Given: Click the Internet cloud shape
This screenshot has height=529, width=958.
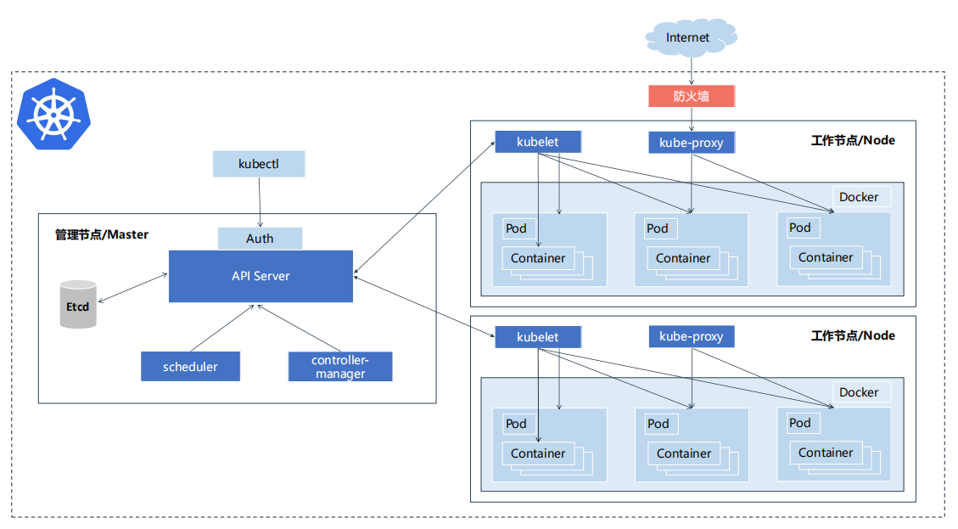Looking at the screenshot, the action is pos(691,37).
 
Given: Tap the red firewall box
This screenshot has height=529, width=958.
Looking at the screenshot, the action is pos(692,96).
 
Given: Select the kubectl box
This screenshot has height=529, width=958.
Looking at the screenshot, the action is pos(259,164).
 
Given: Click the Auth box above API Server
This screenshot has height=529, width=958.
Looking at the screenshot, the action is pos(260,239).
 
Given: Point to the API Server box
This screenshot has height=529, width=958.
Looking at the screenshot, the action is pos(261,276).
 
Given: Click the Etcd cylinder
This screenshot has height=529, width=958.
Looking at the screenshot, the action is pos(78,304).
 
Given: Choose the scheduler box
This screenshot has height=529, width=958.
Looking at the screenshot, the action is pos(190,366).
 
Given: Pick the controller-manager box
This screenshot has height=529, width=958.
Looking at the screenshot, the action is pos(340,366).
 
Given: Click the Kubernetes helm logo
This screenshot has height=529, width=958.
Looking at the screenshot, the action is pos(53,114).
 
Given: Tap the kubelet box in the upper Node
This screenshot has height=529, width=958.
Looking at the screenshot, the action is pos(538,142).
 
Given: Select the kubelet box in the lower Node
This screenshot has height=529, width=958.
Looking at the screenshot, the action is pos(538,337).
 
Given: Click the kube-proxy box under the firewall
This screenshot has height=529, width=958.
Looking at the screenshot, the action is pos(692,143).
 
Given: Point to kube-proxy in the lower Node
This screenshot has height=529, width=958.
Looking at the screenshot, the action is pos(692,336).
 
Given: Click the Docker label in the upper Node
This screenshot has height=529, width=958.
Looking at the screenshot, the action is pos(859,197).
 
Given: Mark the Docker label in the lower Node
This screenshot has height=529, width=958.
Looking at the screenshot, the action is pos(859,392).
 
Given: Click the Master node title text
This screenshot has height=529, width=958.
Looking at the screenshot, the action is pos(102,234).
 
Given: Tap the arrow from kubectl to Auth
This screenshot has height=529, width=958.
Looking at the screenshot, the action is pos(260,202).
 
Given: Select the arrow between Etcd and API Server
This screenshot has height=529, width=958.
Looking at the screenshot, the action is pos(132,288).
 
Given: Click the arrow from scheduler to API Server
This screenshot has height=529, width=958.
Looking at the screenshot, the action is pos(221,328).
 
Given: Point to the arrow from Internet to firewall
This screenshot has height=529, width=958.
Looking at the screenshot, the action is pos(691,71).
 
